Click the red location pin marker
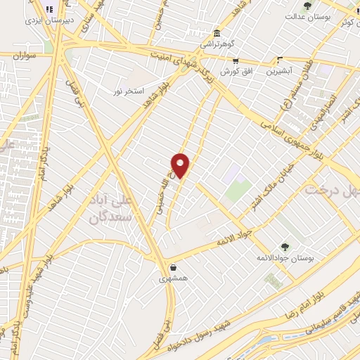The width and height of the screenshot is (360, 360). coord(181,165)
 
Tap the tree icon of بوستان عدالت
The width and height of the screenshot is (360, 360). coord(307,6)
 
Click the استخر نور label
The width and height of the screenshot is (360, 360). coord(129,91)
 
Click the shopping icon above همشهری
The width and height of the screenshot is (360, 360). coord(173,267)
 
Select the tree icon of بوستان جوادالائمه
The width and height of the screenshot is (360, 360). coord(285,247)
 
